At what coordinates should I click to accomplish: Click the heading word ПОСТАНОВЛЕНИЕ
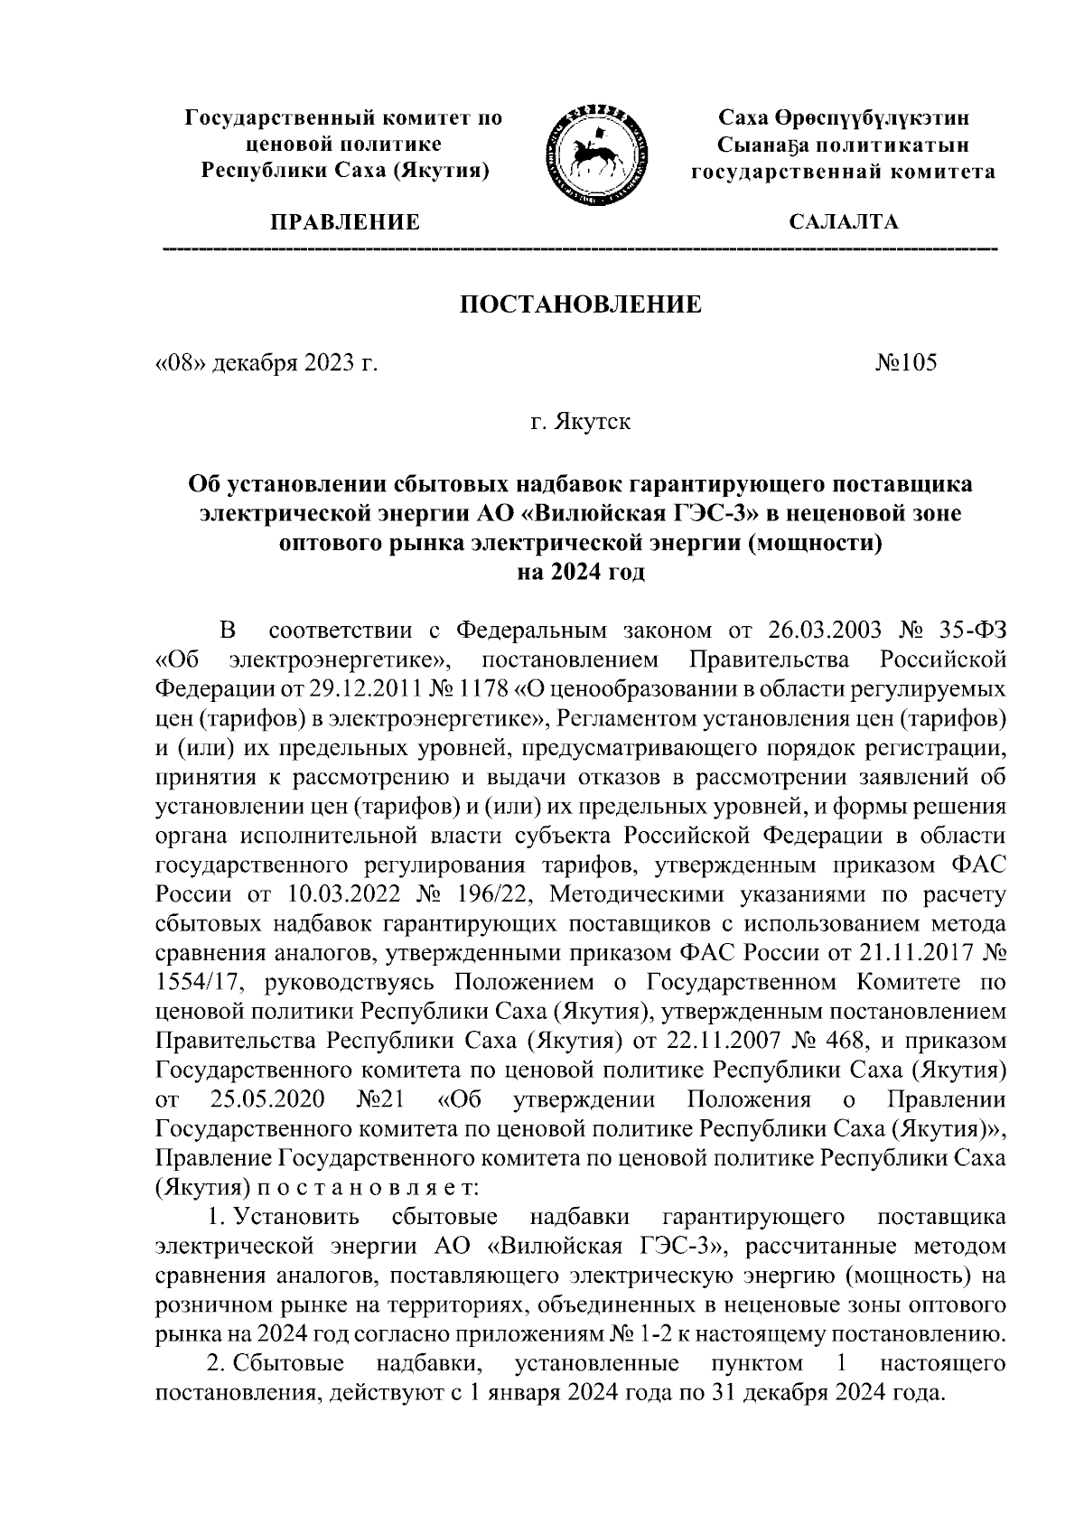click(582, 304)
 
